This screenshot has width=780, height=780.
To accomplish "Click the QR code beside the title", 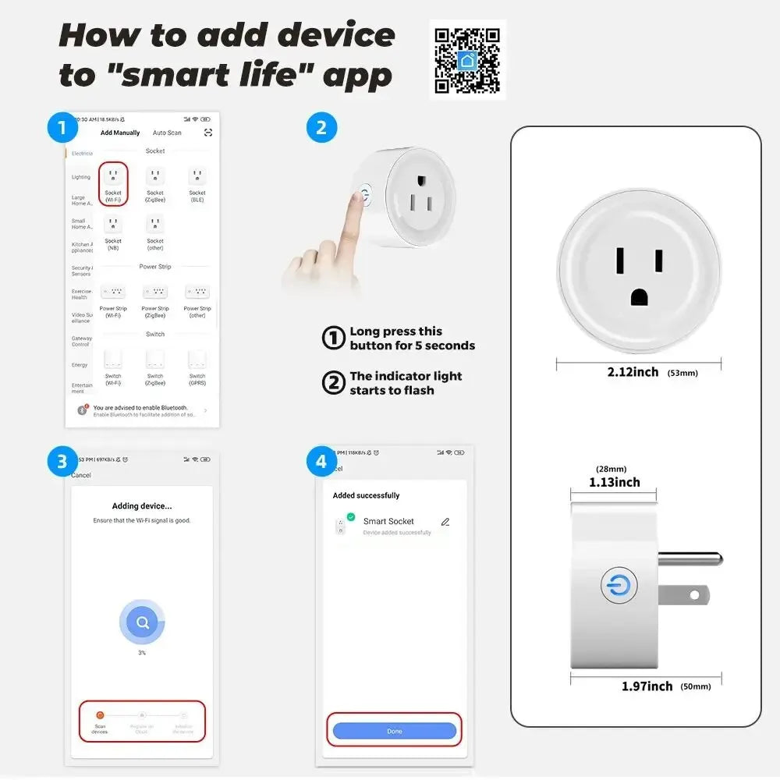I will (x=467, y=60).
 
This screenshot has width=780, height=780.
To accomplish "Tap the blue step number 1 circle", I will (x=62, y=127).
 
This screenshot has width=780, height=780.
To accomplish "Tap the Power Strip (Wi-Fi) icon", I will (x=113, y=292).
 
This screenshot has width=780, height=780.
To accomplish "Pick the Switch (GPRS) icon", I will (x=197, y=360).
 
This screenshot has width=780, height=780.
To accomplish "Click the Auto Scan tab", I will (x=167, y=133).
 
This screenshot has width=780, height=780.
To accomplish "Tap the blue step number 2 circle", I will (x=321, y=127).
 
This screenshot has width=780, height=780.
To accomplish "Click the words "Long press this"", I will (x=395, y=331).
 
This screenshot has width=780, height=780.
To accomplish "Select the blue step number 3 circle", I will (x=62, y=462).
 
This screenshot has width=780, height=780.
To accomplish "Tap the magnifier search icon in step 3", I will (x=142, y=622).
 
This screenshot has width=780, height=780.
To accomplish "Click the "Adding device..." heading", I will (x=142, y=506).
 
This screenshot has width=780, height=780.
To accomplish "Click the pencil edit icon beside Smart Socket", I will (x=445, y=522).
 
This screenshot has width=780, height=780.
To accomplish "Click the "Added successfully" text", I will (x=366, y=495).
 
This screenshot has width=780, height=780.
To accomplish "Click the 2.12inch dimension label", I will (x=633, y=372).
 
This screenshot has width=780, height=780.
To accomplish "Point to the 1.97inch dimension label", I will (x=647, y=686).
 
